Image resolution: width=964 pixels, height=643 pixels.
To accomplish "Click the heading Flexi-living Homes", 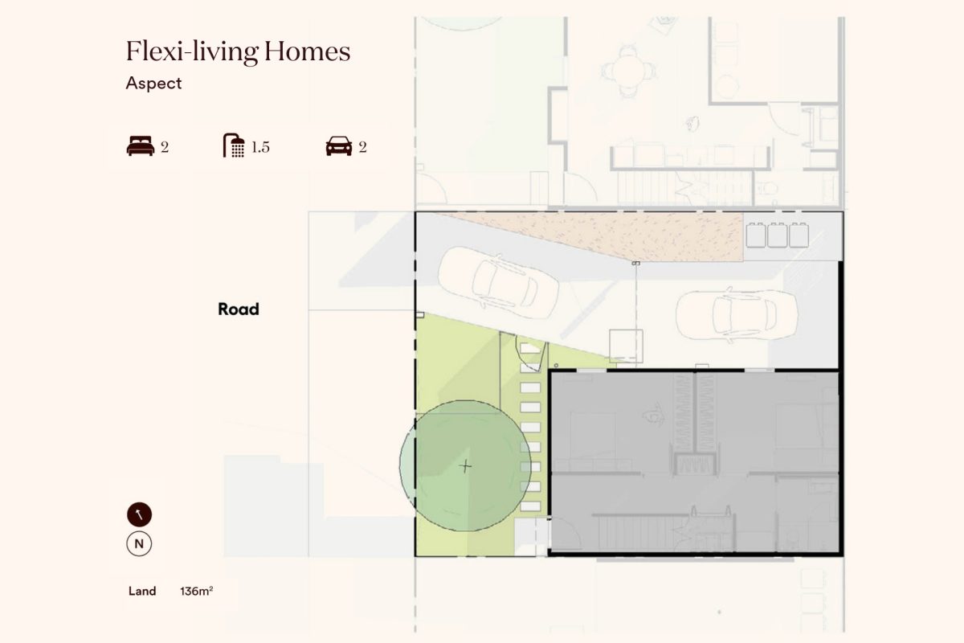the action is click(x=238, y=51).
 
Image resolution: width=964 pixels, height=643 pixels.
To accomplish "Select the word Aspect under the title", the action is click(x=153, y=83).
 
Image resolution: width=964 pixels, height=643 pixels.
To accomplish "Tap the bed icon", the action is click(x=141, y=146).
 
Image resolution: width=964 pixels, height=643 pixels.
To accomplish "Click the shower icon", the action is click(x=234, y=145).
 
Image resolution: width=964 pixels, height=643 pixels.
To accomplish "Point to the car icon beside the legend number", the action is click(x=339, y=146).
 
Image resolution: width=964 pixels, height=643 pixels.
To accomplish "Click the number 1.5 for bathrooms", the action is click(x=260, y=147).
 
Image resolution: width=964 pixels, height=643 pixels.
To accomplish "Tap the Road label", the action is click(x=239, y=309).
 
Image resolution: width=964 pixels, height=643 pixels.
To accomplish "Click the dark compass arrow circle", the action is click(x=139, y=514).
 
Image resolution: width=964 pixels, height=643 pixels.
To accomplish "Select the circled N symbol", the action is click(x=139, y=543).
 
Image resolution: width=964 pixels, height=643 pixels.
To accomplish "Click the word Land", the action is click(x=142, y=591).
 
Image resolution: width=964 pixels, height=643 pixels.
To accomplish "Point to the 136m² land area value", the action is click(x=196, y=591).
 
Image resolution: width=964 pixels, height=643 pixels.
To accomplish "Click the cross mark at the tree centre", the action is click(x=465, y=466).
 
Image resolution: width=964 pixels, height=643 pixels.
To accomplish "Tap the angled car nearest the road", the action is click(x=498, y=283).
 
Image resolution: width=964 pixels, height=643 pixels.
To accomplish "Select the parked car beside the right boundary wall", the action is click(x=737, y=315).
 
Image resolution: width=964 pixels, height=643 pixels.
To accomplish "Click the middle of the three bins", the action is click(x=778, y=235).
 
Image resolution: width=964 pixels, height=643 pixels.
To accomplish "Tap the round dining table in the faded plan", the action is click(x=629, y=71).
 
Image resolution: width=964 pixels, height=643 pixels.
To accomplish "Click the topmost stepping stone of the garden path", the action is click(x=530, y=348).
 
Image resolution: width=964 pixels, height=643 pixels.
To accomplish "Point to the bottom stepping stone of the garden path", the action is click(x=530, y=506).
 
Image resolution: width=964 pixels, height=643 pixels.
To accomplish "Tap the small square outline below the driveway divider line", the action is click(x=626, y=346).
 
